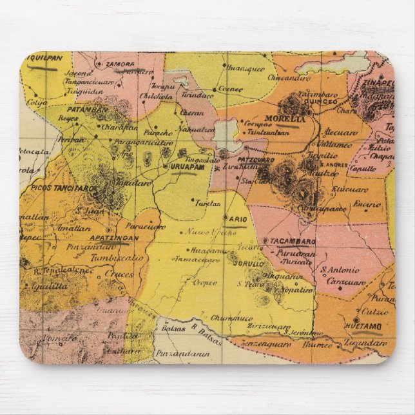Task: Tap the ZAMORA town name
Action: pyautogui.click(x=121, y=64)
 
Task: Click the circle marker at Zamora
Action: pyautogui.click(x=99, y=64)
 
